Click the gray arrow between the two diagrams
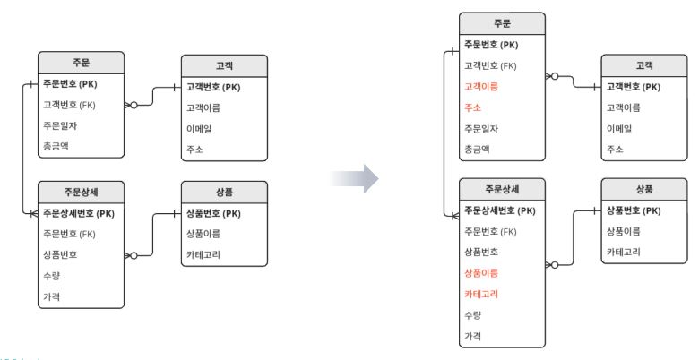pos(355,179)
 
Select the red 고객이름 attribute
pos(481,87)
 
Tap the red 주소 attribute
pos(472,107)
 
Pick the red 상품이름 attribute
pos(481,272)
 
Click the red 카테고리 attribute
pos(481,294)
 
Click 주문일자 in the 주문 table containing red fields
pos(481,128)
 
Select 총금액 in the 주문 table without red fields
pos(56,146)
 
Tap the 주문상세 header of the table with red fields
pos(502,189)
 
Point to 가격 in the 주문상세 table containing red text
pos(472,336)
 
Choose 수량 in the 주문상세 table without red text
pos(51,276)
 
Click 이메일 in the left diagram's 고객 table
pos(199,129)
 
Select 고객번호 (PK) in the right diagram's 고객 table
pos(633,87)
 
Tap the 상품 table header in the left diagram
pos(224,192)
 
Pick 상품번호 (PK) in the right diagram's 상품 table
pos(633,210)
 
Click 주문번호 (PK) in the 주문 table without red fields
pos(70,84)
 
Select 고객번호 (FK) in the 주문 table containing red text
pos(490,66)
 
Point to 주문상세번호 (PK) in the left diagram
pos(79,213)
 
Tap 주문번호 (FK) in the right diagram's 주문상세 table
pos(490,231)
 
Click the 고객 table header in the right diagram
pos(644,66)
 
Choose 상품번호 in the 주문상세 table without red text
pos(60,255)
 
